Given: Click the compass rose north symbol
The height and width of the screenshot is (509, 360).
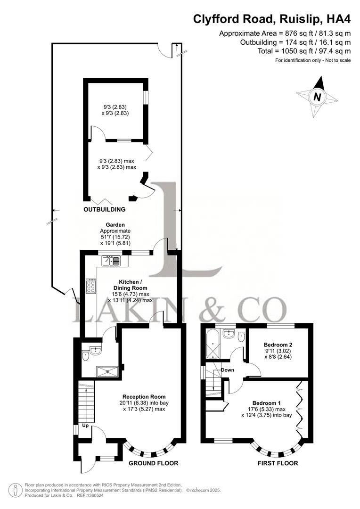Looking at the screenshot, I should point(317,97).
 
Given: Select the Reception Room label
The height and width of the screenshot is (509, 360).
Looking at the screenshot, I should point(144,396).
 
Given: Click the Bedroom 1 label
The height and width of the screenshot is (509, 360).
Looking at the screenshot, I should point(266,403).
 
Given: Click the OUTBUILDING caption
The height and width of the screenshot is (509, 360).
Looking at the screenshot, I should point(105,209).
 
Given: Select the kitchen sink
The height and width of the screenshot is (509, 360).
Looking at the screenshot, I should point(111,261).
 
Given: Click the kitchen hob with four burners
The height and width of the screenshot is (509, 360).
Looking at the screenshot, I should point(91,287).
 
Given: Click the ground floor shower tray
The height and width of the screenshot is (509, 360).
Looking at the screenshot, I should point(109,371).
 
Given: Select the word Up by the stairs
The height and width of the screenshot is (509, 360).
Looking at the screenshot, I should point(85,426).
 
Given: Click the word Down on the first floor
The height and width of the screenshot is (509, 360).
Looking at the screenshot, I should point(228,370).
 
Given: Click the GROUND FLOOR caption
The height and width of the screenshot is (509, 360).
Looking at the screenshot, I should point(154,463).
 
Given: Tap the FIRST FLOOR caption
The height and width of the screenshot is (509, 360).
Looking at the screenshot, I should point(278,463).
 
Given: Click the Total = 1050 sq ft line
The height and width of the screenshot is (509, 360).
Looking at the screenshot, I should point(304,51).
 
